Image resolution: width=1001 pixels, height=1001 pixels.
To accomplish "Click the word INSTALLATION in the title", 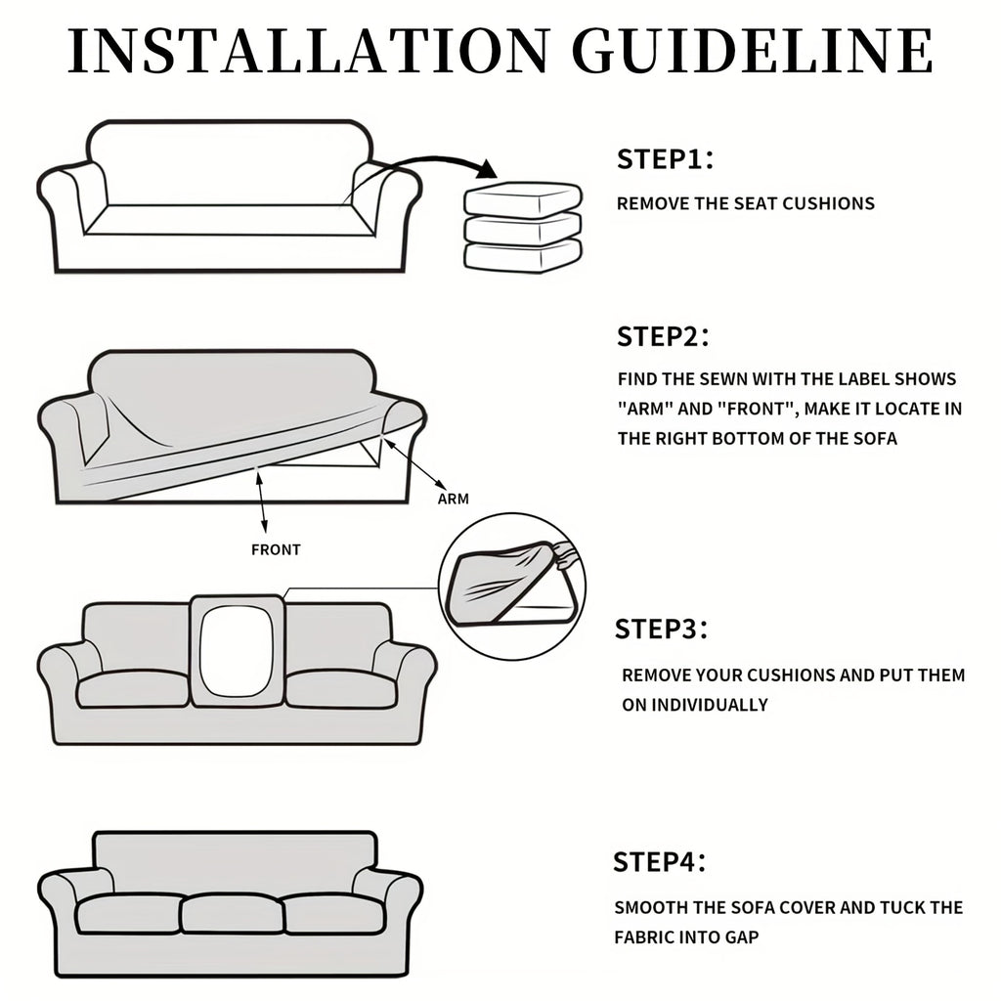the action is [x=308, y=51].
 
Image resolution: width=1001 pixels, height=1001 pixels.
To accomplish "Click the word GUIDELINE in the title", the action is [x=753, y=51].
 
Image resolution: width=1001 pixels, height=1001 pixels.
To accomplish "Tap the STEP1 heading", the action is [x=665, y=159].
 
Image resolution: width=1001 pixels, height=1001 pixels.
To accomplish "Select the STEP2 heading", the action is [x=663, y=336].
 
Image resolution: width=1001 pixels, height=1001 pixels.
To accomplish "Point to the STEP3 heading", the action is [x=662, y=629].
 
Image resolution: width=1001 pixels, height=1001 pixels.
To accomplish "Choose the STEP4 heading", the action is [x=660, y=862].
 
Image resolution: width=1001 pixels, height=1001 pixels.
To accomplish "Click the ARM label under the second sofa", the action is [x=454, y=500].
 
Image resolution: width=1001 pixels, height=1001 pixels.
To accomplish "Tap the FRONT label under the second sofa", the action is [x=276, y=549].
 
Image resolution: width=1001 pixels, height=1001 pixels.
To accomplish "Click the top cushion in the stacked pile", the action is [x=523, y=198].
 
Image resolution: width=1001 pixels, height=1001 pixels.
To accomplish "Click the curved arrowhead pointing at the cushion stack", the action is [x=487, y=169].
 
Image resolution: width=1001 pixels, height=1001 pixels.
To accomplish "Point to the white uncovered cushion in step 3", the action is [x=237, y=650].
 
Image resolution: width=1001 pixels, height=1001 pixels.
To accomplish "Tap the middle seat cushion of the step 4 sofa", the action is [x=232, y=914].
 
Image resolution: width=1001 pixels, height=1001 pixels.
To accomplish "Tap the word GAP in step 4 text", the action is [x=742, y=937].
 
